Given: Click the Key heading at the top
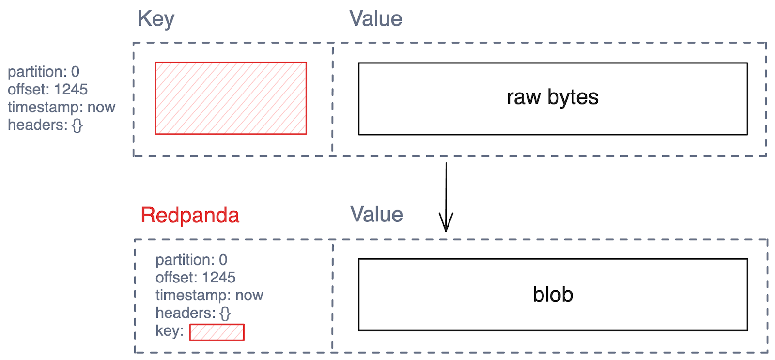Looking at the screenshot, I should click(156, 19).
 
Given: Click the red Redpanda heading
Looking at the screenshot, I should click(190, 215).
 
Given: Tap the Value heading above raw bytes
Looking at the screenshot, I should click(376, 19).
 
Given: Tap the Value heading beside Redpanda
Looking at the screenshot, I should click(377, 215).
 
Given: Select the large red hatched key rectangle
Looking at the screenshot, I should click(231, 98).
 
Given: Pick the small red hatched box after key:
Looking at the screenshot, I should click(217, 332).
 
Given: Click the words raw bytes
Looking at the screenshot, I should click(552, 97).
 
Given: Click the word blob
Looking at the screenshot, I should click(553, 295).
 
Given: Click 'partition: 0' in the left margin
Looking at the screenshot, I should click(44, 72).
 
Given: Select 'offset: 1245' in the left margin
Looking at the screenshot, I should click(47, 90).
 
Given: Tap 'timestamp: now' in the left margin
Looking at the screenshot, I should click(62, 107).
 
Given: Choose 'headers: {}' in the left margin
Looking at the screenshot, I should click(45, 125).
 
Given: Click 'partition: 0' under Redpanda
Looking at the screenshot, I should click(191, 260).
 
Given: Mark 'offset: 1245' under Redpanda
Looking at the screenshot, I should click(195, 278).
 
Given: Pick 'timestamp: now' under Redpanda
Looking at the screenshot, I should click(209, 295).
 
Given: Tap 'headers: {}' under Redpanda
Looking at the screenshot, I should click(193, 313).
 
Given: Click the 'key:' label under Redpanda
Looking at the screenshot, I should click(170, 331).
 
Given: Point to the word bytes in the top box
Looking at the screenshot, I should click(573, 97).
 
